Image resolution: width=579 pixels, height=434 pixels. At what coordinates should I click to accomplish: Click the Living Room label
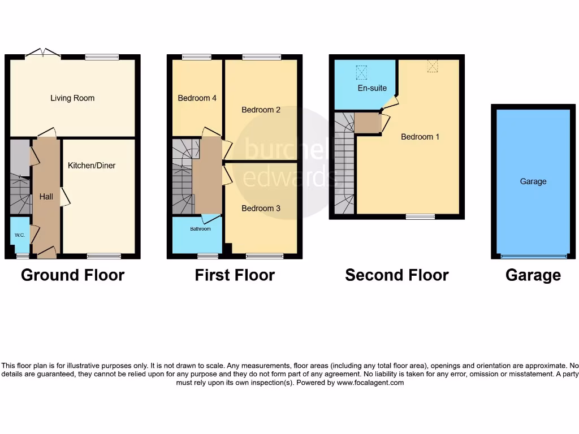(x=72, y=98)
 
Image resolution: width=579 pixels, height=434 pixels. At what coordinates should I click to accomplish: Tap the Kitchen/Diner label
(x=92, y=166)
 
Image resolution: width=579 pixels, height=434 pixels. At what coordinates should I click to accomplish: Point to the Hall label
(x=46, y=197)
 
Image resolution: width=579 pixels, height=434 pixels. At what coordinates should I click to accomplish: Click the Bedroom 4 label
(x=197, y=98)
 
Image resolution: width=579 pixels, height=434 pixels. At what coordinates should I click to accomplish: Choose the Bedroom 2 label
(x=261, y=110)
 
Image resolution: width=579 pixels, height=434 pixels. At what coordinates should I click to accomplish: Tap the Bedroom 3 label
(x=261, y=209)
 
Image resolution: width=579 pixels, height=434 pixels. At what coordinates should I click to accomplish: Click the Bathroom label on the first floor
(x=200, y=229)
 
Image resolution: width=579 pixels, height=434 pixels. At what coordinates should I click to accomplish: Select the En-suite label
(x=372, y=88)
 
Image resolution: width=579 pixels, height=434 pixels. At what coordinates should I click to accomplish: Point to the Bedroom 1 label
(x=420, y=137)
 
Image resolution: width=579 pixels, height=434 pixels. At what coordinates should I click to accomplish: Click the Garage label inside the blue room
(x=533, y=181)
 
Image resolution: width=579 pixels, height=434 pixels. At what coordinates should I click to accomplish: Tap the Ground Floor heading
(x=72, y=275)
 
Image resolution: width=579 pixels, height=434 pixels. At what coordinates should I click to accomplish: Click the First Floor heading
(x=235, y=275)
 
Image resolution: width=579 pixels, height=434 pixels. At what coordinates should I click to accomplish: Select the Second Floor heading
(x=397, y=275)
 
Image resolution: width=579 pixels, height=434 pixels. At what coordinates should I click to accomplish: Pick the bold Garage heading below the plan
(x=533, y=275)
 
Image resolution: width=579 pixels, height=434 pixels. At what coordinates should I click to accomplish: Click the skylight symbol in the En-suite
(x=361, y=72)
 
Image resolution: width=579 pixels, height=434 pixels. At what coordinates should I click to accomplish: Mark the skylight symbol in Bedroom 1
(x=433, y=66)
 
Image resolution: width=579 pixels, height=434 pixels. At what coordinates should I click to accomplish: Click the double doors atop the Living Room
(x=43, y=54)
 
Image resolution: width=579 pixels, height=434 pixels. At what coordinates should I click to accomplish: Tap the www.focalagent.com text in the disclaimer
(x=370, y=383)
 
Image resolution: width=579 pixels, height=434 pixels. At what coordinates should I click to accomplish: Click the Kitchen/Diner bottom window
(x=104, y=256)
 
